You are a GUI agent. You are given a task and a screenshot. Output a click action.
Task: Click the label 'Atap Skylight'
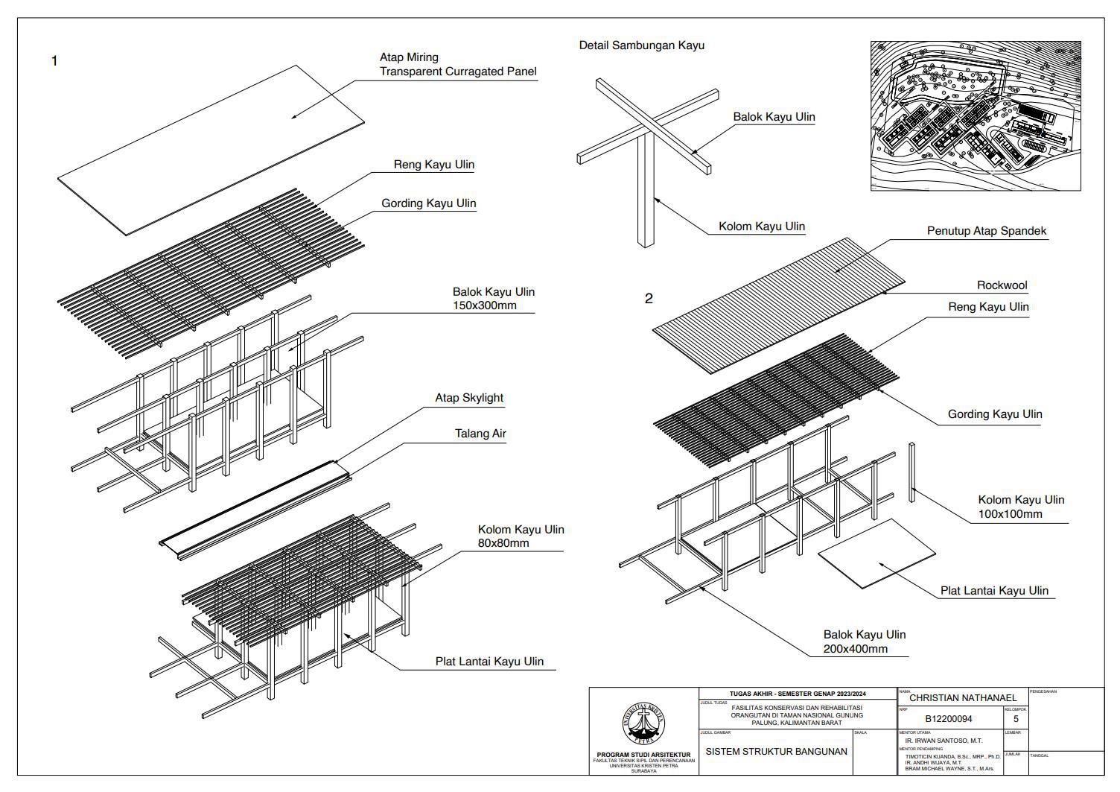[x=469, y=398]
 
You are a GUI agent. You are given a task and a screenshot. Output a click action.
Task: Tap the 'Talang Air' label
[x=480, y=434]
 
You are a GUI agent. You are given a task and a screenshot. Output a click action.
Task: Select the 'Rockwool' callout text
[x=1002, y=285]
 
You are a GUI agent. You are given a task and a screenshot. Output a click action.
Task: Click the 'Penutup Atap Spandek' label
[x=986, y=231]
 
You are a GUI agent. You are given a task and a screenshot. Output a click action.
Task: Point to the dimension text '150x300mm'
[x=484, y=305]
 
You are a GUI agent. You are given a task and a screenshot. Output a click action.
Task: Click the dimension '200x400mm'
[x=855, y=649]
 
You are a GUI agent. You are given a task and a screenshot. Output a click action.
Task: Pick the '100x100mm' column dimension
[x=1010, y=514]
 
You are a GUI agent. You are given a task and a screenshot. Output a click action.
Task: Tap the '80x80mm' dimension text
[x=503, y=543]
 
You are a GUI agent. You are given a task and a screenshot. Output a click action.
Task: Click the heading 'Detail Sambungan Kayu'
[x=641, y=45]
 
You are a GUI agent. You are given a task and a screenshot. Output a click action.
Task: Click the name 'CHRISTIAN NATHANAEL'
[x=963, y=697]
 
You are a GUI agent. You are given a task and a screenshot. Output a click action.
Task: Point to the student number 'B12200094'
[x=948, y=719]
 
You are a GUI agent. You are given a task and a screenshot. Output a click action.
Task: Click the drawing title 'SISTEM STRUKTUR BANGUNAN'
[x=776, y=752]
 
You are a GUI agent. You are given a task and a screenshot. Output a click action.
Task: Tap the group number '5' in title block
[x=1015, y=719]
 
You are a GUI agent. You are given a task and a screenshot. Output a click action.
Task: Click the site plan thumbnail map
[x=975, y=115]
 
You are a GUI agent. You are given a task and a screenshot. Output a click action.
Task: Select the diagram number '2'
[x=649, y=299]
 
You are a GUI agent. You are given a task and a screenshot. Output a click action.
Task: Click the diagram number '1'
[x=54, y=61]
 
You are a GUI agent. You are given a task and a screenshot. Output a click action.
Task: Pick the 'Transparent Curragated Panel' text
[x=457, y=72]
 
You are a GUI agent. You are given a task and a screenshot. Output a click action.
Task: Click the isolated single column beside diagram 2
[x=911, y=472]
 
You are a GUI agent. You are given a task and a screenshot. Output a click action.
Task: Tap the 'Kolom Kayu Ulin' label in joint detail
[x=761, y=226]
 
